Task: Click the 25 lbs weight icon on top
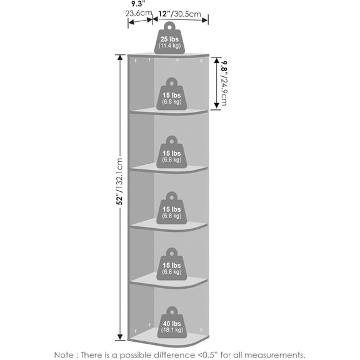click(169, 38)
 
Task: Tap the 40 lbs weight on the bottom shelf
click(172, 322)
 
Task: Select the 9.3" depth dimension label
click(139, 4)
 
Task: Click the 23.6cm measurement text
click(139, 13)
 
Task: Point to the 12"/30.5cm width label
click(180, 14)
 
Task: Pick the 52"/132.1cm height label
click(119, 181)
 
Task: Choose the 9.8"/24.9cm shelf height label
click(224, 83)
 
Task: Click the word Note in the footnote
click(64, 355)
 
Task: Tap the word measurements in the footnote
click(275, 355)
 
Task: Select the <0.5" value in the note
click(207, 355)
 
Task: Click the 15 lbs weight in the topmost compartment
click(172, 94)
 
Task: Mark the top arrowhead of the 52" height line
click(120, 57)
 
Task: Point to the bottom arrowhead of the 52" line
click(120, 337)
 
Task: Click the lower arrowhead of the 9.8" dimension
click(217, 106)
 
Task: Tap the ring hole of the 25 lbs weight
click(169, 27)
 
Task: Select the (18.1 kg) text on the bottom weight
click(172, 330)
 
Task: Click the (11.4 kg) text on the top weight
click(169, 46)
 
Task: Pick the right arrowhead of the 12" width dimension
click(205, 20)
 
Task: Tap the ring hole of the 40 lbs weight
click(172, 312)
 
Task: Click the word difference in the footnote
click(174, 355)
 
